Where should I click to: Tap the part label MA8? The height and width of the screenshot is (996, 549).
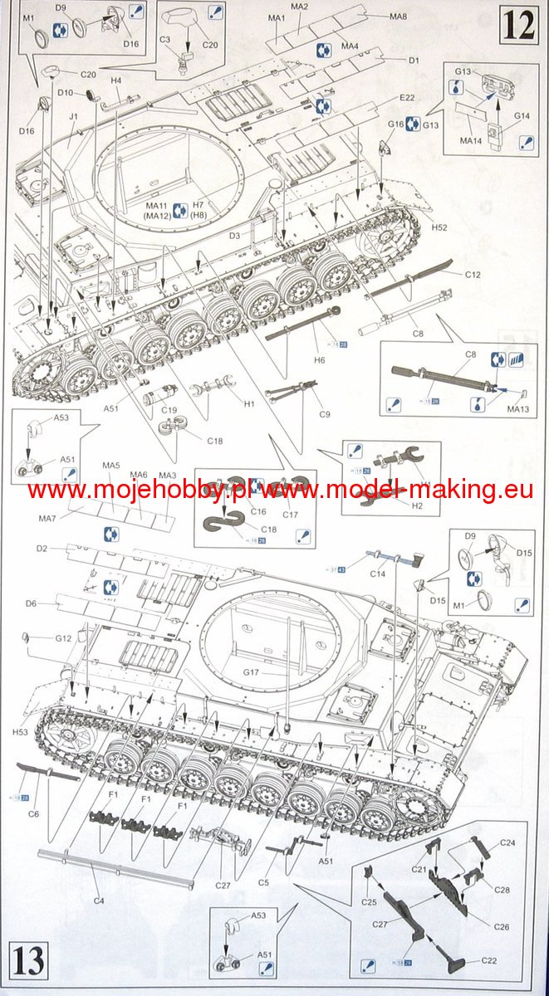pyautogui.click(x=398, y=17)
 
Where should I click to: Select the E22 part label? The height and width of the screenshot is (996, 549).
pyautogui.click(x=406, y=98)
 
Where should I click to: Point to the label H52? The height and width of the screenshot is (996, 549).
pyautogui.click(x=439, y=227)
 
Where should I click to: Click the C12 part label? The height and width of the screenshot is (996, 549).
pyautogui.click(x=473, y=274)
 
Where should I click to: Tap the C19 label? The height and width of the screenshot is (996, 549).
pyautogui.click(x=169, y=409)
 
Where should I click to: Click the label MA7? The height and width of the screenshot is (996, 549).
pyautogui.click(x=47, y=518)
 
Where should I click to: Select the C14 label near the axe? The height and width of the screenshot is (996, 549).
pyautogui.click(x=378, y=574)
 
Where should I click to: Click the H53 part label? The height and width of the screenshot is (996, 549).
pyautogui.click(x=22, y=732)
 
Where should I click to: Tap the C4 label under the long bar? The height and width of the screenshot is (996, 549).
pyautogui.click(x=98, y=900)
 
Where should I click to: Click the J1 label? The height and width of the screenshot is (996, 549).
pyautogui.click(x=74, y=117)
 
